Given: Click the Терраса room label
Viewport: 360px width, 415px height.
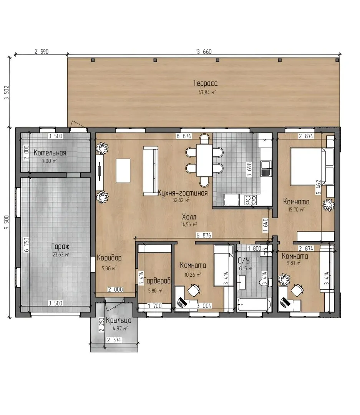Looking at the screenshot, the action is coord(206,83).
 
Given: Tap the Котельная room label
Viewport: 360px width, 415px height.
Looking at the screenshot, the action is coord(50,153).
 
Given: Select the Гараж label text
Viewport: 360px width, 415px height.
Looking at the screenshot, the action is coord(60,246).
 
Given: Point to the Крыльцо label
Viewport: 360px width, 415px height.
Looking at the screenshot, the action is coord(119,320).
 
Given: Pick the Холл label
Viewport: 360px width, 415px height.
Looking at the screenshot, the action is coord(189,217).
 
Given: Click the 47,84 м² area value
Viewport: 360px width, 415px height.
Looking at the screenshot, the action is coord(207,92).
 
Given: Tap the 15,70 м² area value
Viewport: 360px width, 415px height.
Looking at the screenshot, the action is coord(296,210).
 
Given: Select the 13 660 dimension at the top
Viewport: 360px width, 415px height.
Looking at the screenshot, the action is coord(204,51).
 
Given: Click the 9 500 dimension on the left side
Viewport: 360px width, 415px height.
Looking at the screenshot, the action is coord(7,222).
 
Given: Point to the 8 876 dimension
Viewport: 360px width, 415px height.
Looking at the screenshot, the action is coord(184,136).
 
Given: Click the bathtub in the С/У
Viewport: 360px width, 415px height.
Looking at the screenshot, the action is coord(254,304).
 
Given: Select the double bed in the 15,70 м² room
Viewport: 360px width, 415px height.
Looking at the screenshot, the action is coord(308,166).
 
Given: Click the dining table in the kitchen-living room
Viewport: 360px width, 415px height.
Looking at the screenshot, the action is coord(204,160).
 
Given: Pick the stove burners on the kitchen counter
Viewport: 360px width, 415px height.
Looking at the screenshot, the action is coord(251,200).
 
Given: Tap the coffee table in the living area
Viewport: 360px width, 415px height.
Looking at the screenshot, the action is coord(123,171).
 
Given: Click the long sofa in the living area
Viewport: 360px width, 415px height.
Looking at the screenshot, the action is coord(150,171).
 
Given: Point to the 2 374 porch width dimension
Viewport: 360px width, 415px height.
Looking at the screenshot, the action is coord(114,340).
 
